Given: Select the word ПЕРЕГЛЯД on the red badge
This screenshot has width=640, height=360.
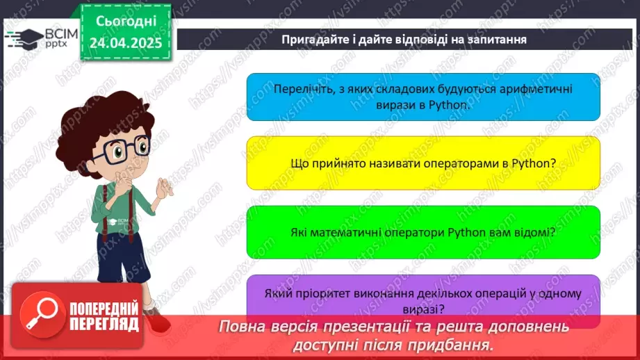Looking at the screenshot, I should (104, 325).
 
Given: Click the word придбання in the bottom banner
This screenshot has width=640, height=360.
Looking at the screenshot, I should (454, 345).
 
